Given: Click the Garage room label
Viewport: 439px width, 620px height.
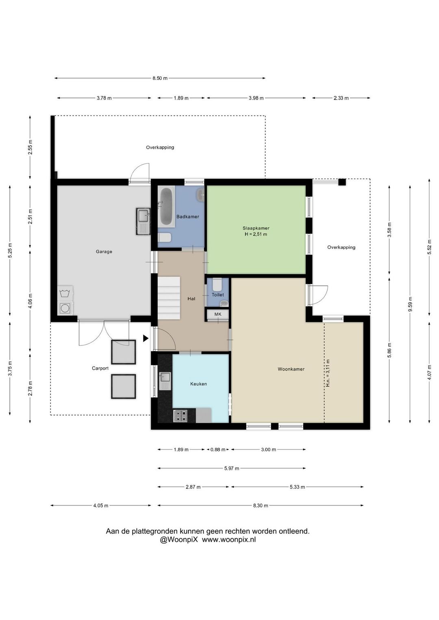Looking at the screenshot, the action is (x=104, y=251).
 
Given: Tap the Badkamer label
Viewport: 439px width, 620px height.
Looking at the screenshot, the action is (x=188, y=217).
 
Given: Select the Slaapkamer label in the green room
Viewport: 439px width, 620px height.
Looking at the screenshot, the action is (x=256, y=228).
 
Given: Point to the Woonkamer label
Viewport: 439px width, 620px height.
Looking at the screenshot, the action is (x=291, y=369).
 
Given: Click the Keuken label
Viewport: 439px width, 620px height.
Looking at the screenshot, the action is (x=198, y=384).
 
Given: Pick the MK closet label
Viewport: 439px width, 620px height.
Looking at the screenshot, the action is (x=218, y=314).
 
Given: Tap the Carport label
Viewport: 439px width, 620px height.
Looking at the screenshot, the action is (x=100, y=369).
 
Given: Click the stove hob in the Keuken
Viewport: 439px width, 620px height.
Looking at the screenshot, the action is (x=180, y=416).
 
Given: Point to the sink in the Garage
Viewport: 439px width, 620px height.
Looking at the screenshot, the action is (x=143, y=221).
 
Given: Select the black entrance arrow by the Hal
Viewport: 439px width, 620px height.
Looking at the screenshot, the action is (x=146, y=338).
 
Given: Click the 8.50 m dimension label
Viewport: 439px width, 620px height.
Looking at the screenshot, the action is (x=160, y=78).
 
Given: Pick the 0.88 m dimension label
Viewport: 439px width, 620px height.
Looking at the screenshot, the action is (x=218, y=449).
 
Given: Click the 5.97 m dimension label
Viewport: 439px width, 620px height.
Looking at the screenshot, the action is (x=232, y=468).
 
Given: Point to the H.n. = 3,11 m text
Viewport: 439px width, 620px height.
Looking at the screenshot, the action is (x=328, y=373).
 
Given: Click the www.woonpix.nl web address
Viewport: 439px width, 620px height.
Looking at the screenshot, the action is (x=229, y=540).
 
